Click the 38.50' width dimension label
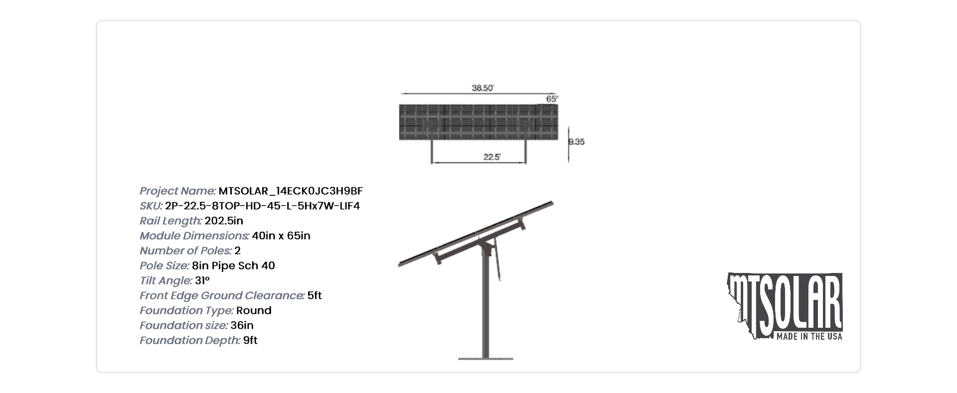(482, 88)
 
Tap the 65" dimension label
(552, 99)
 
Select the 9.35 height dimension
(577, 142)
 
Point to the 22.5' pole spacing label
(492, 157)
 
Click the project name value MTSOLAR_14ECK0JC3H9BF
(291, 191)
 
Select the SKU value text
(262, 206)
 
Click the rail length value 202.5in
(224, 221)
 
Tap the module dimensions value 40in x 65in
(281, 236)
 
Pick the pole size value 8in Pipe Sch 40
(233, 265)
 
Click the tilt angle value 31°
(202, 280)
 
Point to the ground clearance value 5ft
(315, 295)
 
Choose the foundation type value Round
(254, 310)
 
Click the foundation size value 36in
(242, 325)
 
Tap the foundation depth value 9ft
(250, 340)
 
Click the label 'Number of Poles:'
(185, 251)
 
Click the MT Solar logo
(785, 306)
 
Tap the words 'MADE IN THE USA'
(809, 337)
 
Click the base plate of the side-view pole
(486, 358)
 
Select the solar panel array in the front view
(478, 122)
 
